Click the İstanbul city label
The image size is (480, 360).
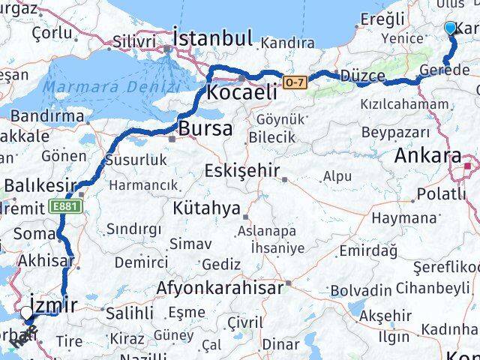(212, 38)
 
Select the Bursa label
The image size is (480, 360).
(206, 128)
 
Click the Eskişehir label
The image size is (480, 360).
(241, 171)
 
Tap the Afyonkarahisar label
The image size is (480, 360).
(220, 287)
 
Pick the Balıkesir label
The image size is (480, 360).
(40, 184)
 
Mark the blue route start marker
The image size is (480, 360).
(450, 28)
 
